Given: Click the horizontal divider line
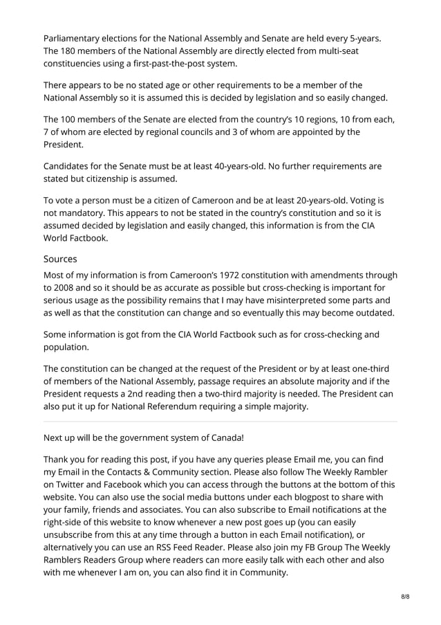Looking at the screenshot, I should click(x=220, y=420).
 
